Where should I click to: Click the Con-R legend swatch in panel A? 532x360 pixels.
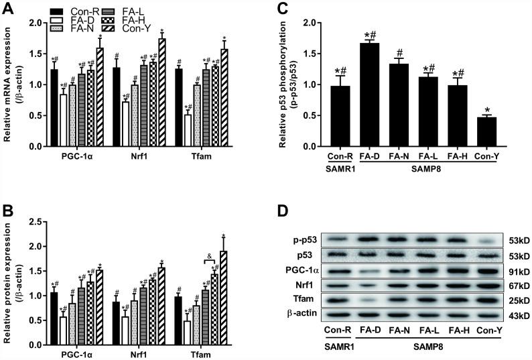click(x=58, y=11)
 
